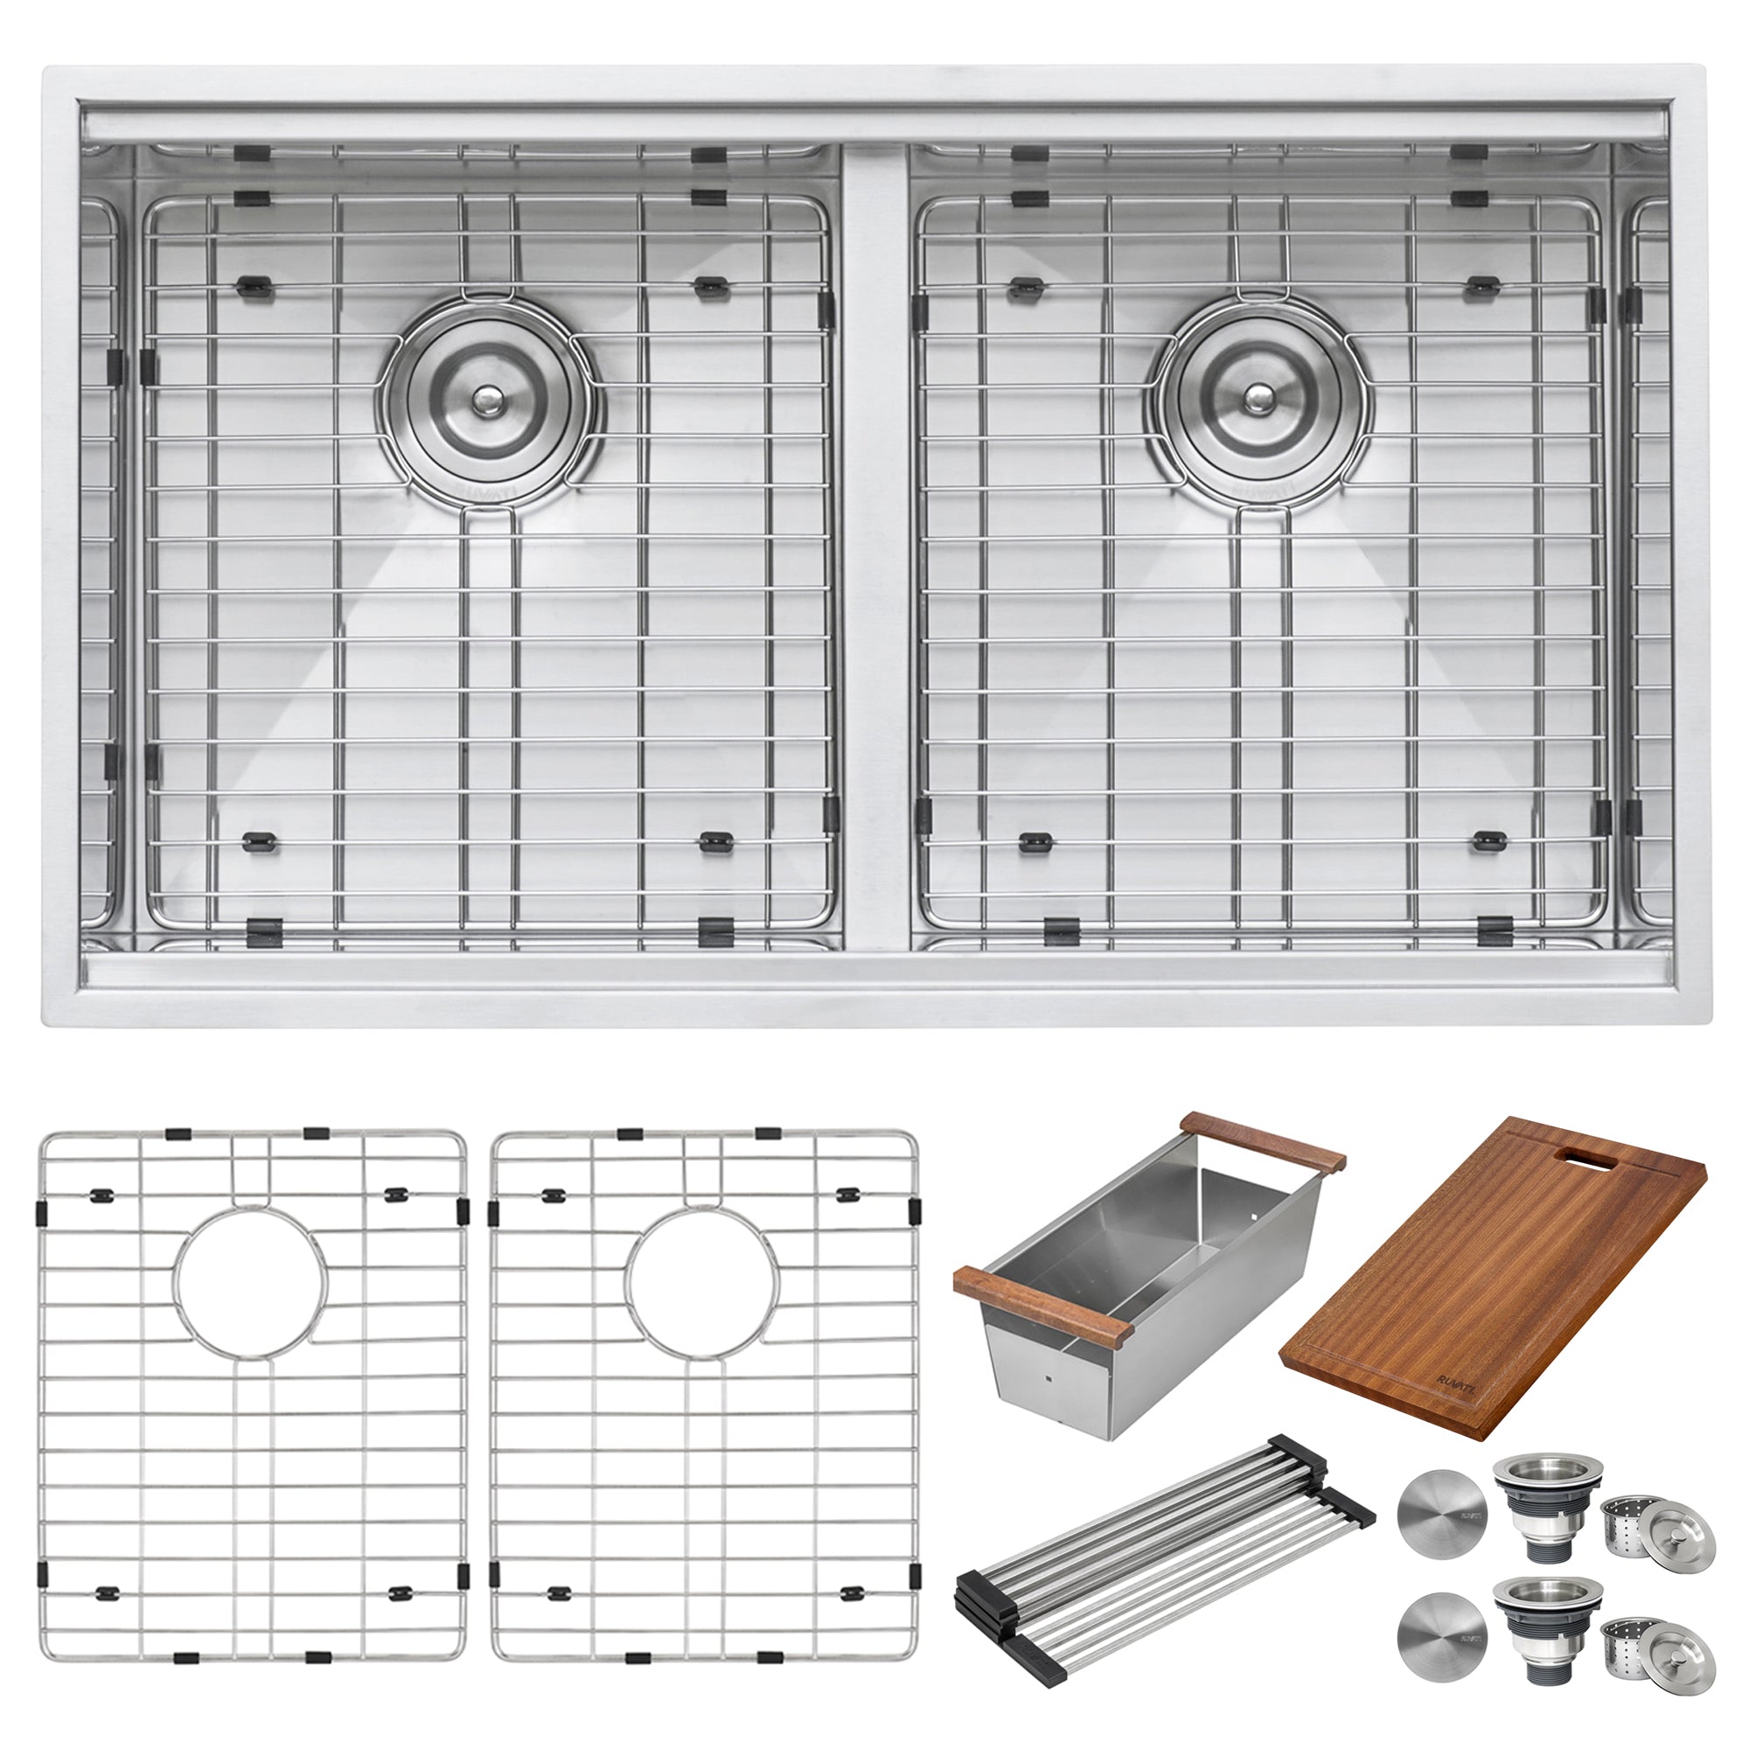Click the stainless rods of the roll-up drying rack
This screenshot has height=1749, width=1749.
click(1167, 1575)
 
